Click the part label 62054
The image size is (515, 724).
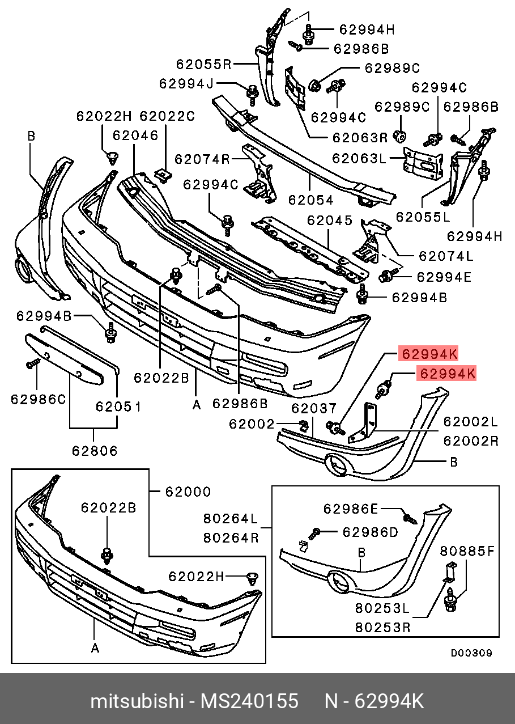310,200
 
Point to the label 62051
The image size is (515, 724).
118,407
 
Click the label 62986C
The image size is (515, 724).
38,399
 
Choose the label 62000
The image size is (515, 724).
188,492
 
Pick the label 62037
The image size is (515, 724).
314,408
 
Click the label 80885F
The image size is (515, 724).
467,551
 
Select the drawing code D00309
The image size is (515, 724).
471,653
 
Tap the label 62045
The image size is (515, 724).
330,220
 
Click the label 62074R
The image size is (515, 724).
202,159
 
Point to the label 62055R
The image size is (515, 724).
203,64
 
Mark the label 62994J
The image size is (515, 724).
186,84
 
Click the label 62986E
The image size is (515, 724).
350,509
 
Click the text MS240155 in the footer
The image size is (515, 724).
249,701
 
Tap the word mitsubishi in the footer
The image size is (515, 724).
136,701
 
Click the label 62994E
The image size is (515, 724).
444,277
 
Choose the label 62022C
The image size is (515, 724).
167,116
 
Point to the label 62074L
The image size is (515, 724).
446,256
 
